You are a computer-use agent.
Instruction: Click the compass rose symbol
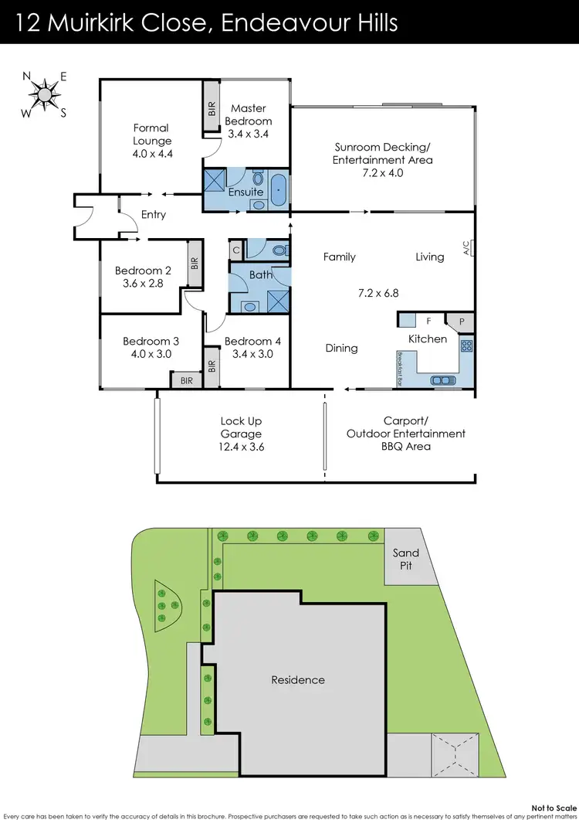tap(46, 94)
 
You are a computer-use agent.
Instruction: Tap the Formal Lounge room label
tap(152, 134)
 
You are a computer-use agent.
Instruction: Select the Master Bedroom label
tap(251, 115)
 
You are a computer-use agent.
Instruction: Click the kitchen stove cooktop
tap(466, 346)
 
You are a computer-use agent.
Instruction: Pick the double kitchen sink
tap(442, 379)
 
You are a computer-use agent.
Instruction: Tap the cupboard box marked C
tap(236, 250)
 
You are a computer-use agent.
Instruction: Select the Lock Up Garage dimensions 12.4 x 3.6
tap(241, 447)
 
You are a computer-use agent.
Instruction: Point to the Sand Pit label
tap(405, 559)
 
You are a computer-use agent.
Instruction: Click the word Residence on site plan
tap(297, 680)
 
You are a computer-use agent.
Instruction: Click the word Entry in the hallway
tap(153, 214)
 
